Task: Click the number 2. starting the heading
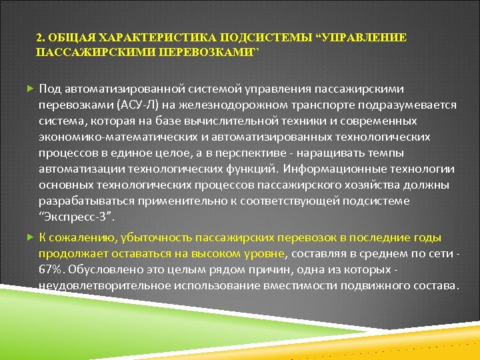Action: [39, 38]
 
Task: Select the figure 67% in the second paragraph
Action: [50, 269]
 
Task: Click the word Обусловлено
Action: [99, 269]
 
